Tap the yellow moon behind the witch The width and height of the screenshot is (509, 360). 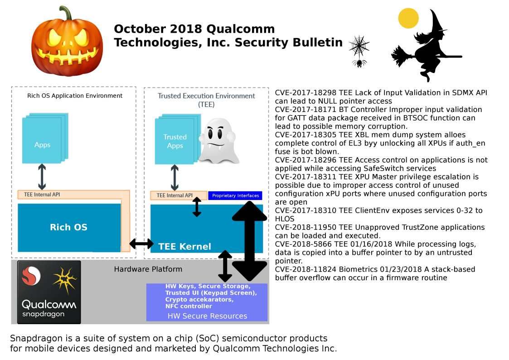point(408,18)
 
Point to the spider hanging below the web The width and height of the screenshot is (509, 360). point(359,63)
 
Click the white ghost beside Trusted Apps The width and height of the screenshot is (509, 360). point(218,141)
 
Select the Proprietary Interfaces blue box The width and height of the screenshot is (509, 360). point(235,195)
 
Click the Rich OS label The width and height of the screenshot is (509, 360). point(68,227)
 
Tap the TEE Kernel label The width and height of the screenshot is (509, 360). point(185,246)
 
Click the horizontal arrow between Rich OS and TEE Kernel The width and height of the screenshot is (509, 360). point(141,243)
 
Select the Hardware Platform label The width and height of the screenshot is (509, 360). point(148,269)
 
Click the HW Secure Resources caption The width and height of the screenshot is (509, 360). point(207,316)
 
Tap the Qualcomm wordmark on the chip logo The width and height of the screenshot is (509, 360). point(49,305)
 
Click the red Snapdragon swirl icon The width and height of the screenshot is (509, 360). point(31,276)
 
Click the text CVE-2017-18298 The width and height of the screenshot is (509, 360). point(305,92)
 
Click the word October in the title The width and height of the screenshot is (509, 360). point(140,29)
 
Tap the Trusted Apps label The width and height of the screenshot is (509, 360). point(175,141)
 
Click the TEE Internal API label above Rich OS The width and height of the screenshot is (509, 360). point(42,195)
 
